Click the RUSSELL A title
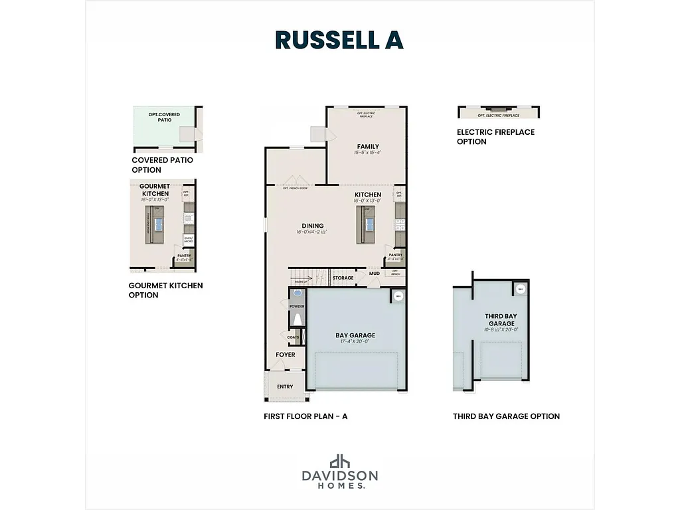[339, 40]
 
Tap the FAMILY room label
[367, 146]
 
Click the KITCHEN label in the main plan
[367, 195]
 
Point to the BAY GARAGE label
[355, 335]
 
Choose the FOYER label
[286, 355]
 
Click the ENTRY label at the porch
[285, 386]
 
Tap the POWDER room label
[296, 306]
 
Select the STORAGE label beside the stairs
[343, 278]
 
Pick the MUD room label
[375, 273]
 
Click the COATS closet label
[294, 337]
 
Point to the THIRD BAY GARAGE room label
[501, 319]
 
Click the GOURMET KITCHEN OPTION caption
[165, 290]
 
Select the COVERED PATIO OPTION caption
[162, 165]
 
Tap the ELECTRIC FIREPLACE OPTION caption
[495, 137]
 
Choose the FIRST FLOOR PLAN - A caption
[305, 416]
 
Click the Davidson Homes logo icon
[340, 461]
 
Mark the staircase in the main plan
[309, 276]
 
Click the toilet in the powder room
[297, 320]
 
